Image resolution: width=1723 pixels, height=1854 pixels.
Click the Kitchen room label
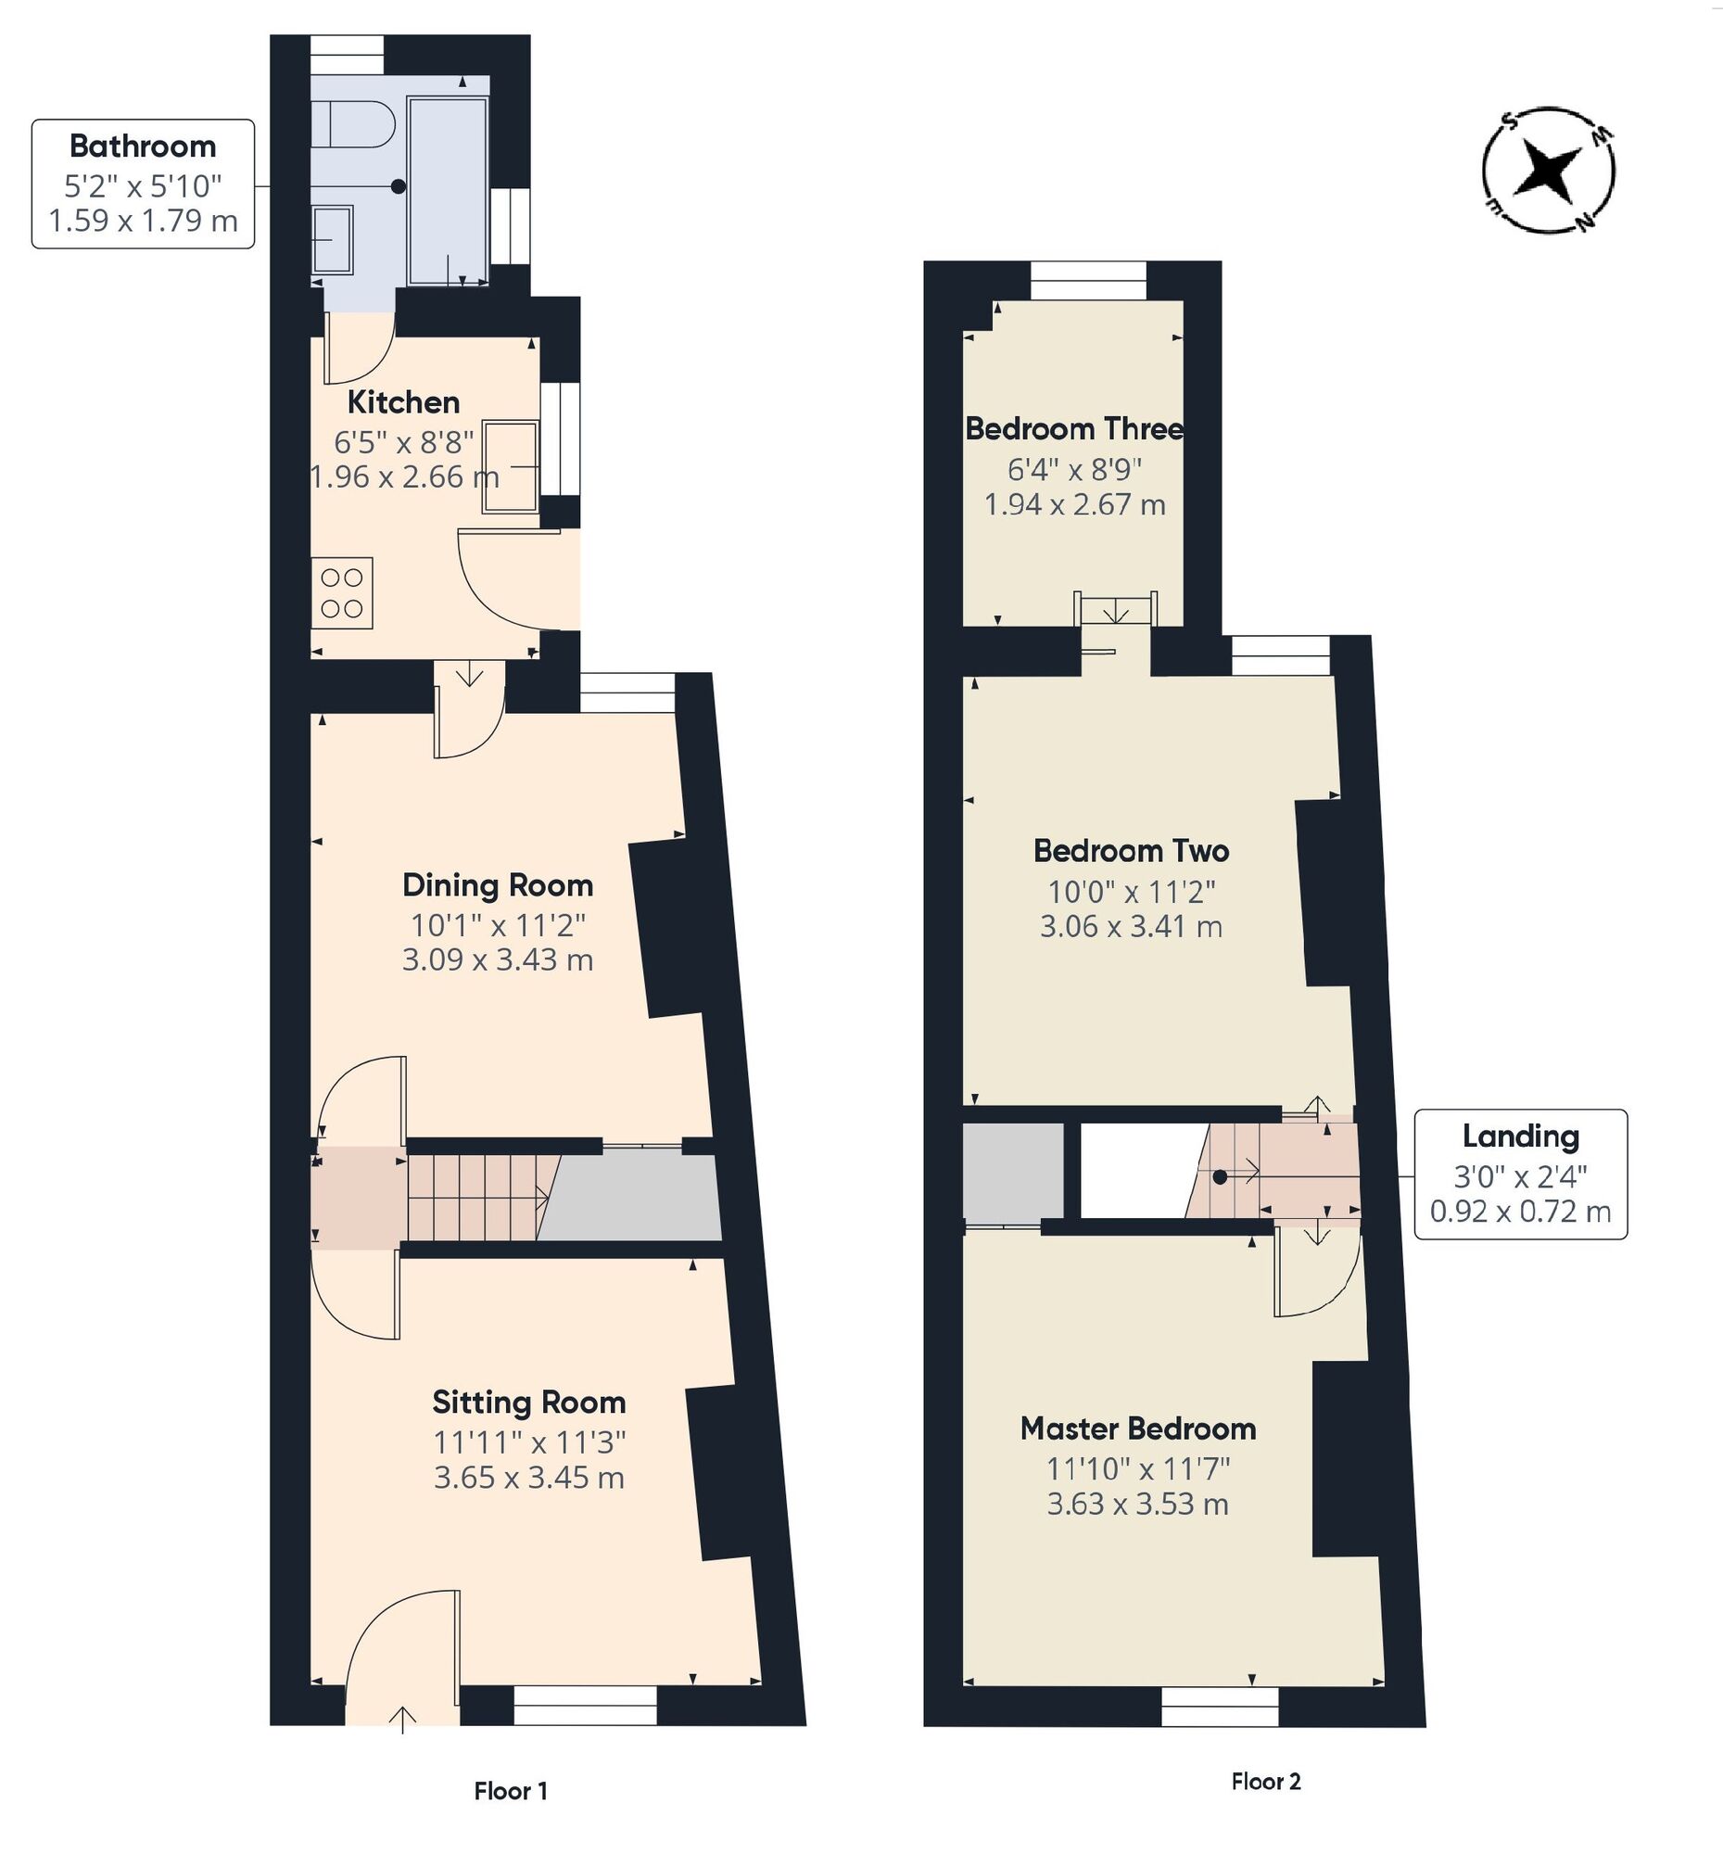403,403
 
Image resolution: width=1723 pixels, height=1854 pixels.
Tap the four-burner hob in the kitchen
341,593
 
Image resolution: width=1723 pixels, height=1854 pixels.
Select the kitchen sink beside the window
509,466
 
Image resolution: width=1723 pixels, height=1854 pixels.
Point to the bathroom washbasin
332,240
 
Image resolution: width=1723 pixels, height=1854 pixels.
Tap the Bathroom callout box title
143,146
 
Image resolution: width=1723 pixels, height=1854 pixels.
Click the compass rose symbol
1548,170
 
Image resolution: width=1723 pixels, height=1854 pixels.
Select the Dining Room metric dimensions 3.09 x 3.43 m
497,959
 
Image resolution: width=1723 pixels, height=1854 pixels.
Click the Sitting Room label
528,1403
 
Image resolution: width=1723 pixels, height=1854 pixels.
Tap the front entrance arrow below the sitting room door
402,1719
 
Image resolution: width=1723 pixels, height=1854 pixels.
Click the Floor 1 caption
510,1791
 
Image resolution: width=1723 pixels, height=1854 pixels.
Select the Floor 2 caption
1265,1782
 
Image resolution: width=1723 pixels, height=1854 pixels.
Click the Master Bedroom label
1137,1429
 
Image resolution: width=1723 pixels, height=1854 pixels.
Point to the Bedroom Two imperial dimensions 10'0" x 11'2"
1131,893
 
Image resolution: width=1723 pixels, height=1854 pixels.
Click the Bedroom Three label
1074,429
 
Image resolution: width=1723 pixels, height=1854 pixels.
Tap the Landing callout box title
1520,1136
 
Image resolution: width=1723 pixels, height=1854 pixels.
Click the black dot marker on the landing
1220,1178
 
